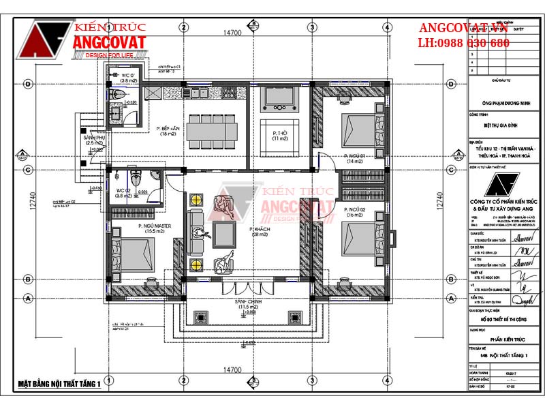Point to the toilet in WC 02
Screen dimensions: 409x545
click(138, 179)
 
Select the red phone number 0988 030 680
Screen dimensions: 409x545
click(463, 43)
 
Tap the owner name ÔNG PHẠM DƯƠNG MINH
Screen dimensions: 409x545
click(503, 104)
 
